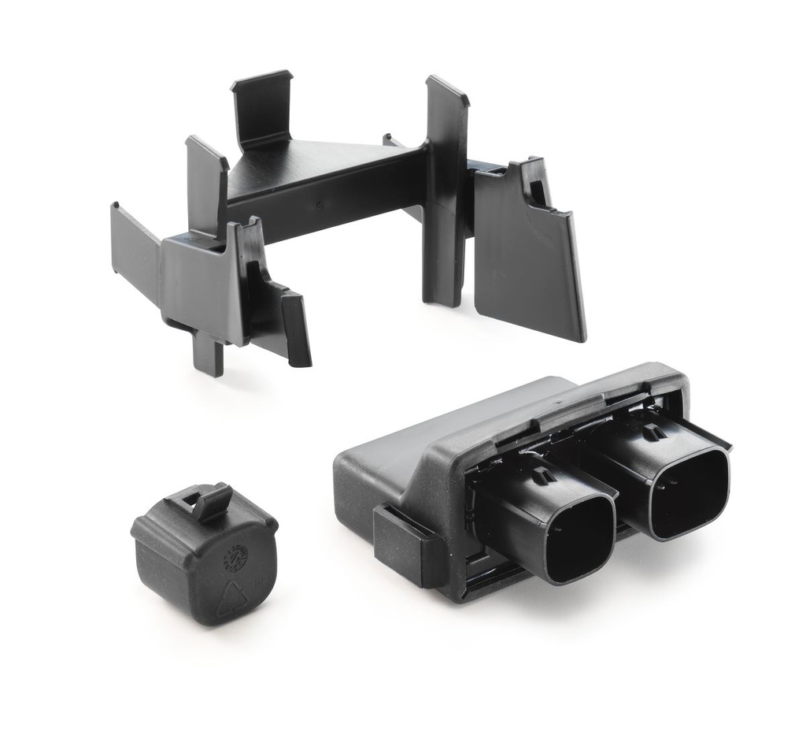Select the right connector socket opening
pos(690,493)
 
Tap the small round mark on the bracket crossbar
pos(319,206)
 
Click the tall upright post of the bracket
pos(446,189)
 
